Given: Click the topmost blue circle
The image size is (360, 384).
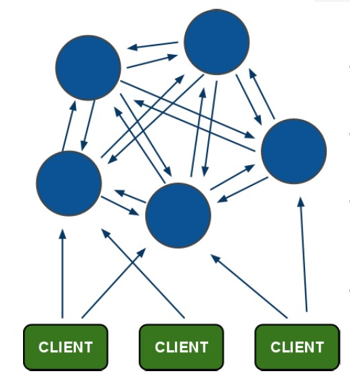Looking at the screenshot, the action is click(217, 42).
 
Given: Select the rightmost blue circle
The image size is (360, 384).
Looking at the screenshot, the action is click(294, 151).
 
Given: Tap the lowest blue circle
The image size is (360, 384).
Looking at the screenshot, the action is click(178, 215).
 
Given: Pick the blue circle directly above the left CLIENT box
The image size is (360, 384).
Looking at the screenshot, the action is click(69, 184).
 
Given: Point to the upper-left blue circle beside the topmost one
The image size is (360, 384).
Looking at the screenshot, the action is click(88, 68).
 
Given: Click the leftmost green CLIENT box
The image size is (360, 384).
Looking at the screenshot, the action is click(66, 347).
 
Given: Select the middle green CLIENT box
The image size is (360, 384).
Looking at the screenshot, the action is click(182, 347).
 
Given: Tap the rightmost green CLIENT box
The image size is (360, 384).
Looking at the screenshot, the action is click(297, 347).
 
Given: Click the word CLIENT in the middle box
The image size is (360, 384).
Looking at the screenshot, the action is click(182, 347).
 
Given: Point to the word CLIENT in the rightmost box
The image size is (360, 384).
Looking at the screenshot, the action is click(297, 347).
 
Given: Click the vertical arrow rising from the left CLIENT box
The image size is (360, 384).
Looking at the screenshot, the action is click(62, 274).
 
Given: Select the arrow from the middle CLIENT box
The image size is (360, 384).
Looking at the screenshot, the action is click(143, 274).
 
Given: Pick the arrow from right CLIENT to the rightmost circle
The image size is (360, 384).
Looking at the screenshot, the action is click(304, 254).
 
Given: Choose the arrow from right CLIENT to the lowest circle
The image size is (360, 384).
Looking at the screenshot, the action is click(249, 286).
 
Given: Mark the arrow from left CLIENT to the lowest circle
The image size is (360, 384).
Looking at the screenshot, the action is click(114, 283).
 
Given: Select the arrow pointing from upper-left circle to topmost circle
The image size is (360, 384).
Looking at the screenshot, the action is click(152, 61).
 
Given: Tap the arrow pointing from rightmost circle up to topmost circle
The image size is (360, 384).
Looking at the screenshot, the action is click(262, 93).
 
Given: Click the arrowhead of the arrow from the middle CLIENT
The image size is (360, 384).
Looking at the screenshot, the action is click(106, 234).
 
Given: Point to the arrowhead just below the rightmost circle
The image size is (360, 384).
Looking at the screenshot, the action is click(301, 202).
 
